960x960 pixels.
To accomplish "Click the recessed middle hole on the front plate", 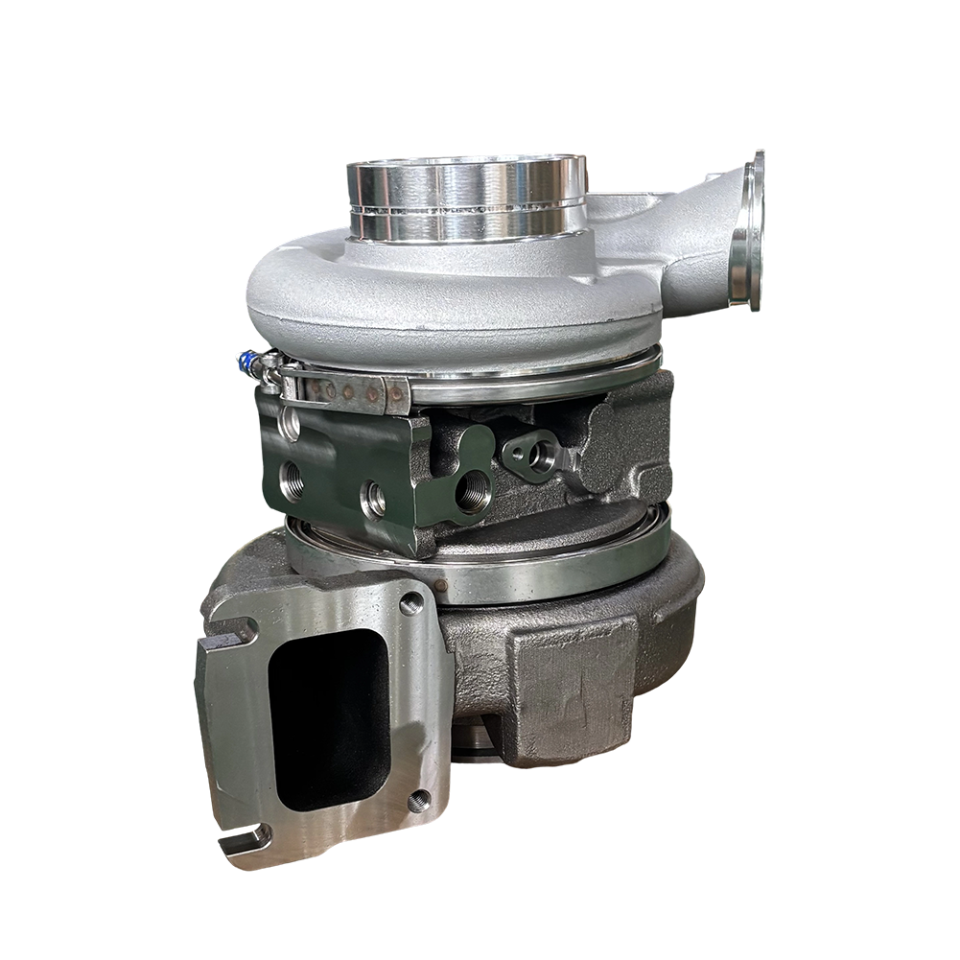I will click(x=374, y=497).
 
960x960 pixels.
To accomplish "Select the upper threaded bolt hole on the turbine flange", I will click(x=412, y=603).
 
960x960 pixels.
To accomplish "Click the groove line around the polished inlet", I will click(x=465, y=206).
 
